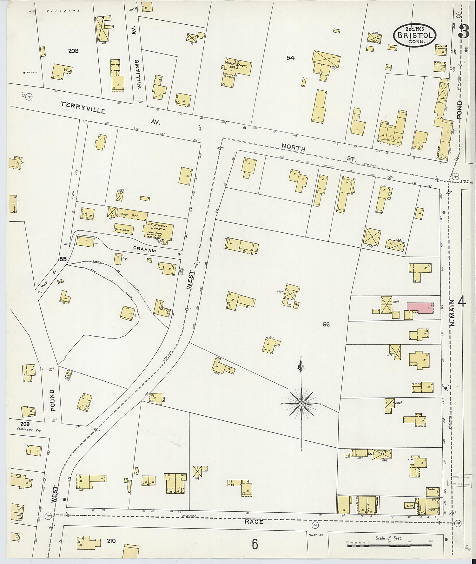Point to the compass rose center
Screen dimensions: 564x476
301,404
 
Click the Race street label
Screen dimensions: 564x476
254,522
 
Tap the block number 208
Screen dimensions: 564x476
73,51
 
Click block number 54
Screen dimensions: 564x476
290,58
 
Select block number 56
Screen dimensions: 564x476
326,324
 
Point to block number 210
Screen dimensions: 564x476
111,541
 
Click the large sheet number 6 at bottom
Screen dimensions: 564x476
255,544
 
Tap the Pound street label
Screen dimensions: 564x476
52,400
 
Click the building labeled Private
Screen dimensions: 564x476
382,451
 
